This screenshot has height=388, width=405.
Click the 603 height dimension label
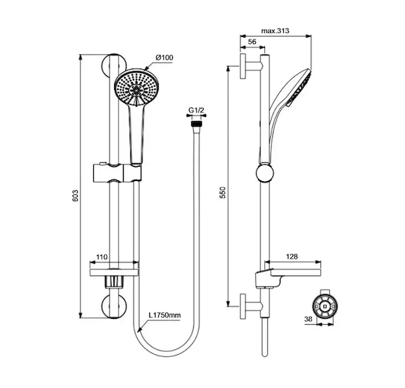(x=75, y=196)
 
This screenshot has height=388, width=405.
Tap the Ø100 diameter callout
(x=165, y=58)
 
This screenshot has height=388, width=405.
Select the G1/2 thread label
(x=196, y=111)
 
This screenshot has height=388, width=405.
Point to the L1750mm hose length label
(x=165, y=315)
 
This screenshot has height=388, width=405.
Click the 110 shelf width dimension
(x=102, y=257)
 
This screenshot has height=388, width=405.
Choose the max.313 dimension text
(x=275, y=31)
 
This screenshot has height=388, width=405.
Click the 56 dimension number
(x=252, y=42)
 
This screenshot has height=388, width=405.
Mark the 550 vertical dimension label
(x=222, y=192)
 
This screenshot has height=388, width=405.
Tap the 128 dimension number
(x=292, y=257)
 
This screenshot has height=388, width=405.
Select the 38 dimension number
(x=308, y=319)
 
